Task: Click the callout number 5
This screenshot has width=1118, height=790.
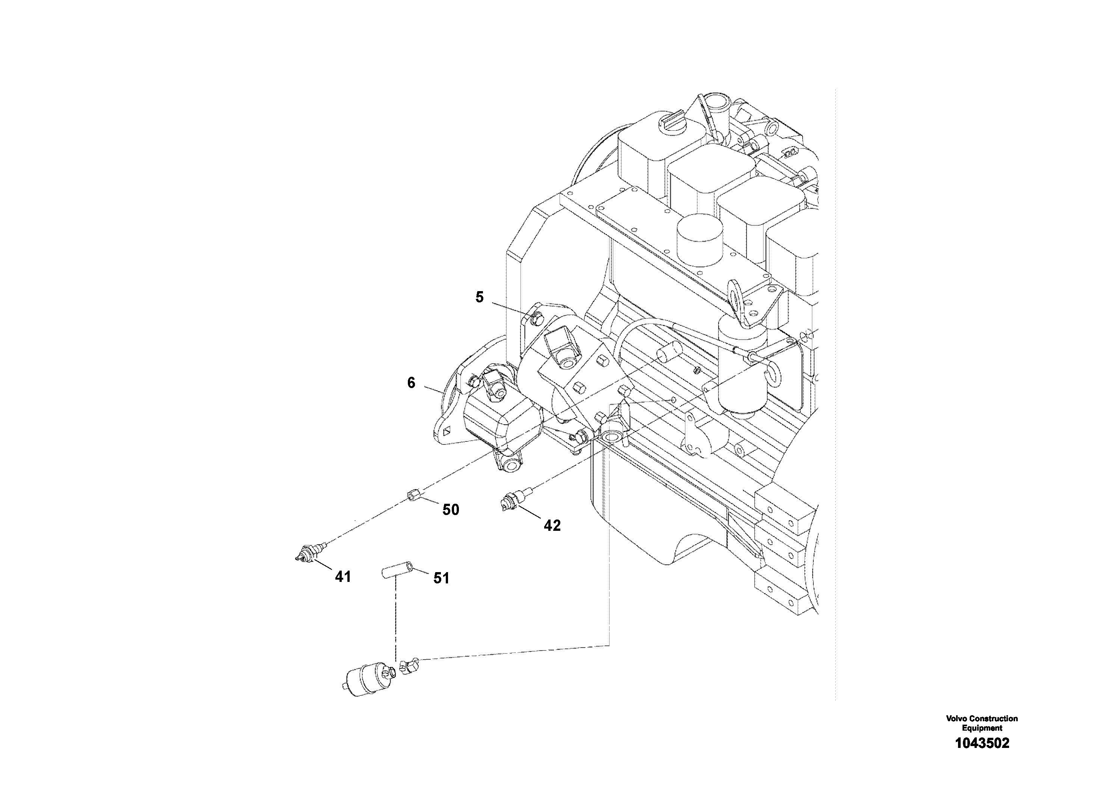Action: pyautogui.click(x=480, y=297)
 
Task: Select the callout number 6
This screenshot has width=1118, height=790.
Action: pyautogui.click(x=412, y=383)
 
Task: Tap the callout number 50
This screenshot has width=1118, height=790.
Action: pyautogui.click(x=450, y=509)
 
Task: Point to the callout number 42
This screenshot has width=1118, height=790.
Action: pyautogui.click(x=552, y=525)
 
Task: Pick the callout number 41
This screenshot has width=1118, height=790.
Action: pyautogui.click(x=343, y=577)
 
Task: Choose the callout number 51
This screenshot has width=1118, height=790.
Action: pyautogui.click(x=441, y=578)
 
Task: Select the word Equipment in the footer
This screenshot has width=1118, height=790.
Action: pyautogui.click(x=982, y=728)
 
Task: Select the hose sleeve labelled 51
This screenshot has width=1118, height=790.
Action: pyautogui.click(x=396, y=570)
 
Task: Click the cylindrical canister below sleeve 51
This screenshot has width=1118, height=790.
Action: pyautogui.click(x=365, y=680)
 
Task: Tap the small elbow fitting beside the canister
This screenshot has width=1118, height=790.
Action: pyautogui.click(x=408, y=665)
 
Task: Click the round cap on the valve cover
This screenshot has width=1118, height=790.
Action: pyautogui.click(x=698, y=241)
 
